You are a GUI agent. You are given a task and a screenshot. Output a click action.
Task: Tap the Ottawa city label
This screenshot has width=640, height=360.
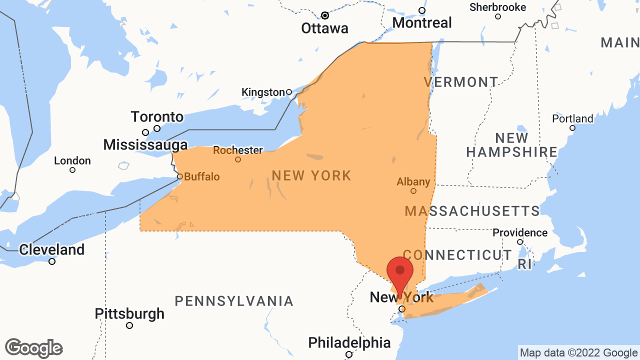tap(324, 28)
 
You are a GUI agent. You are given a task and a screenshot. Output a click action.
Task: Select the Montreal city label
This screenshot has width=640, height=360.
tap(422, 22)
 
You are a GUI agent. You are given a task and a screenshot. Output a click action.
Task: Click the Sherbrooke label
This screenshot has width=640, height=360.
tap(497, 7)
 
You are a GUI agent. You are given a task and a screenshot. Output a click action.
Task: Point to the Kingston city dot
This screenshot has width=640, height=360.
tap(289, 92)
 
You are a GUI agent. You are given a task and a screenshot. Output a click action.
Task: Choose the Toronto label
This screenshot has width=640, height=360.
tap(157, 117)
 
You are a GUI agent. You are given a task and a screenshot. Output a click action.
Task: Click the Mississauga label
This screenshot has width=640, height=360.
tap(145, 145)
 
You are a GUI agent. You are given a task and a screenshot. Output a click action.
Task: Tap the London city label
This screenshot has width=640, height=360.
tap(72, 161)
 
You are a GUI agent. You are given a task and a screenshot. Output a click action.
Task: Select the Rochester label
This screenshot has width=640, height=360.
tap(238, 150)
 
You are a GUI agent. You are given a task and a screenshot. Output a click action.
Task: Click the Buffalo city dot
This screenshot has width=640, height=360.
tap(180, 176)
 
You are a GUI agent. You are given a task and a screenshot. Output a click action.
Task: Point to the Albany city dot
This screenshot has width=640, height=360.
tap(413, 191)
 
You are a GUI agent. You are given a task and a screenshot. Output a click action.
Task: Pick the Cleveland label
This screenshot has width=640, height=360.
tap(51, 249)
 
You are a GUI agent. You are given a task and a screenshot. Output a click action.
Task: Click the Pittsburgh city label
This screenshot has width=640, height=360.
tap(129, 314)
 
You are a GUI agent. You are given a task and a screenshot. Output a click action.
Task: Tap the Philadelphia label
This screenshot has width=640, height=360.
tap(349, 343)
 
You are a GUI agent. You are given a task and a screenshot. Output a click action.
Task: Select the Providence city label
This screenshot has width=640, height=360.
tap(520, 233)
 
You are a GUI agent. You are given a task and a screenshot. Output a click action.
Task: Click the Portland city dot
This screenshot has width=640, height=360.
tap(572, 128)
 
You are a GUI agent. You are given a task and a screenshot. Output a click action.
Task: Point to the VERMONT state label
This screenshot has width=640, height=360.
tap(461, 82)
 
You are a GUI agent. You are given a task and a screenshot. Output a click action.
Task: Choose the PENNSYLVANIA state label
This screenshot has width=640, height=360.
tap(234, 301)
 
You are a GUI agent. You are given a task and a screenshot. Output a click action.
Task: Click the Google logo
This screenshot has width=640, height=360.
tap(34, 348)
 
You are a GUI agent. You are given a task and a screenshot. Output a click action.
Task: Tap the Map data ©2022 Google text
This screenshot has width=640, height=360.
tap(578, 353)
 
